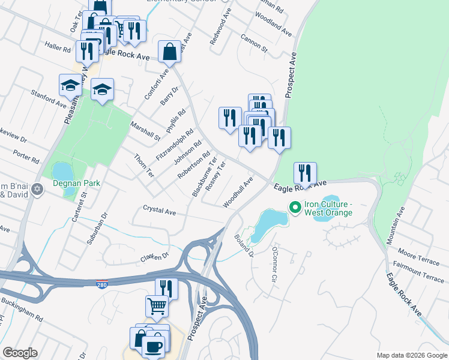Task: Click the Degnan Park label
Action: (75, 183)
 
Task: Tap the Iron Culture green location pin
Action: (295, 208)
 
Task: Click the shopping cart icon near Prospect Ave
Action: (157, 306)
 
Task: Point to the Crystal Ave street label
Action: (159, 211)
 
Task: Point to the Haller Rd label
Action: (58, 46)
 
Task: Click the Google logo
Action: (20, 353)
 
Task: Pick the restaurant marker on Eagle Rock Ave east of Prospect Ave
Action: (305, 173)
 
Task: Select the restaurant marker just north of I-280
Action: (166, 289)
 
